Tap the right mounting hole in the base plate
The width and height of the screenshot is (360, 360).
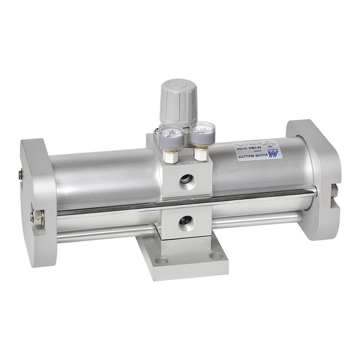216,256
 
